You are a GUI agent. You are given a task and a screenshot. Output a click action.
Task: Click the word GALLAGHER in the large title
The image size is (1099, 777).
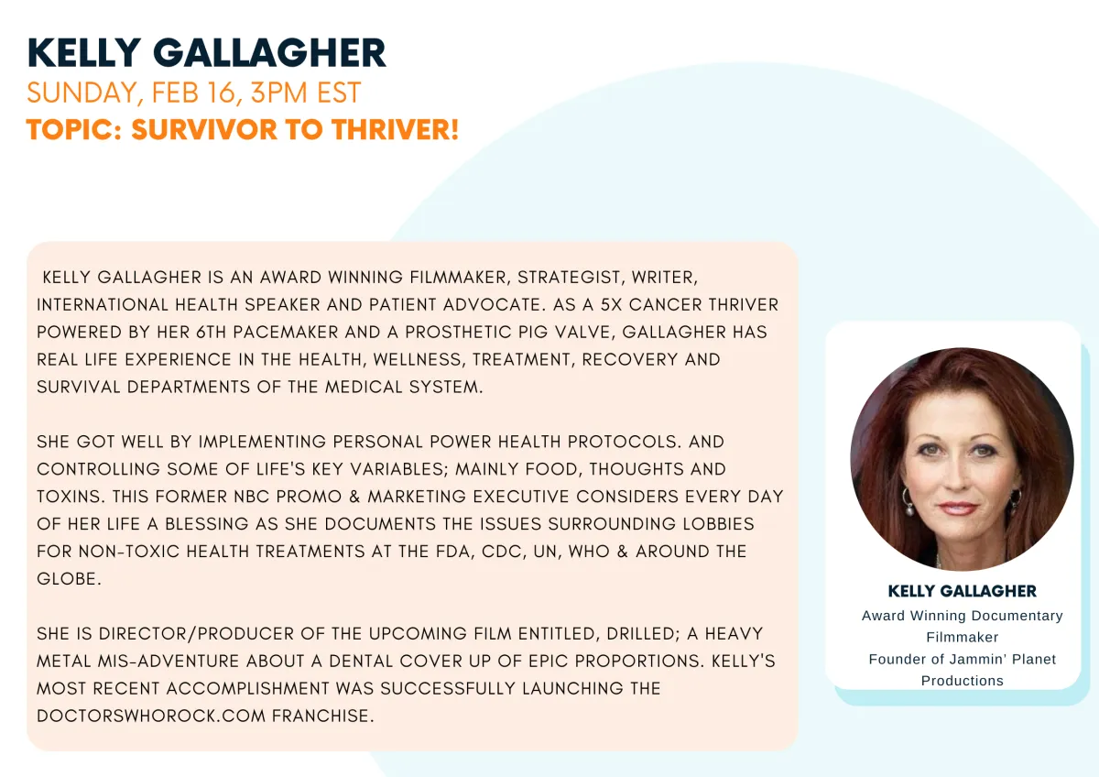point(269,52)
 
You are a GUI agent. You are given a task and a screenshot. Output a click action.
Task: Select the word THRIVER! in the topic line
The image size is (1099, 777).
point(395,129)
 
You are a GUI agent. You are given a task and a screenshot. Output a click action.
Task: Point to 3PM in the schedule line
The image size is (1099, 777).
point(278,93)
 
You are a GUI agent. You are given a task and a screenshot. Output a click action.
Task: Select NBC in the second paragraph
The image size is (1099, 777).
point(251,497)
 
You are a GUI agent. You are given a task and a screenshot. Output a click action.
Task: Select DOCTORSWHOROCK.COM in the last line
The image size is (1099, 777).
point(151,717)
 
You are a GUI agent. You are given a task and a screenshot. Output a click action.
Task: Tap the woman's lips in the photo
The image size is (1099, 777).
point(957,509)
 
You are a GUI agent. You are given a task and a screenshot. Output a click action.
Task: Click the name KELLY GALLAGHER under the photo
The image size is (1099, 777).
point(963,591)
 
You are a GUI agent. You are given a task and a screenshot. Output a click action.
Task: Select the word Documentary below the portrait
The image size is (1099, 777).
point(1017,616)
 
